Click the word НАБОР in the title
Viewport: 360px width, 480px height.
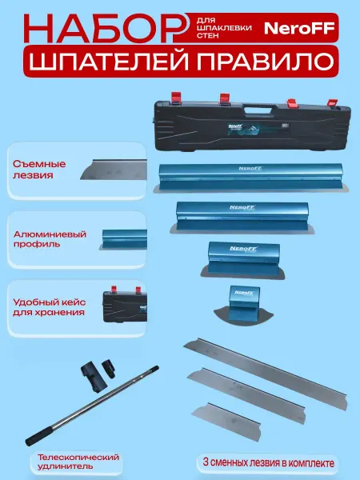click(102, 28)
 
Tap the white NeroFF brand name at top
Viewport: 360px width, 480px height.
click(299, 29)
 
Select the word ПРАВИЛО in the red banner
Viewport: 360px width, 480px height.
click(265, 61)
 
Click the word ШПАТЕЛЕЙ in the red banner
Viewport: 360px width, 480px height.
click(109, 61)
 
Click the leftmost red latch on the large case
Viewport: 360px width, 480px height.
click(176, 98)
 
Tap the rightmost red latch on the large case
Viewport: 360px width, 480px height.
click(333, 103)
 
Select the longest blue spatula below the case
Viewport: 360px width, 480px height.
click(251, 178)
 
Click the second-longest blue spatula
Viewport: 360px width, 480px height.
click(242, 218)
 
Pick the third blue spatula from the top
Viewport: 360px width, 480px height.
click(243, 260)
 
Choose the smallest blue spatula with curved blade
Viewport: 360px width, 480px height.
click(243, 306)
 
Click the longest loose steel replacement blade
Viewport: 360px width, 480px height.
click(266, 373)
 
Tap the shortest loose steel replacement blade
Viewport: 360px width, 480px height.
click(226, 422)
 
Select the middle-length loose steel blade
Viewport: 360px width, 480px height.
click(246, 395)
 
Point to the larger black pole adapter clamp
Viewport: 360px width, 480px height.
click(93, 377)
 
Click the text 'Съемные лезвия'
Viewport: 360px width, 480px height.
click(39, 170)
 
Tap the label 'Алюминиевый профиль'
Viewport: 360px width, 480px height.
click(50, 239)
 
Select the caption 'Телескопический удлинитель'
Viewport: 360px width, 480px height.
click(78, 462)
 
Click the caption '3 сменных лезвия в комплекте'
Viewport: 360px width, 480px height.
click(269, 462)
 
